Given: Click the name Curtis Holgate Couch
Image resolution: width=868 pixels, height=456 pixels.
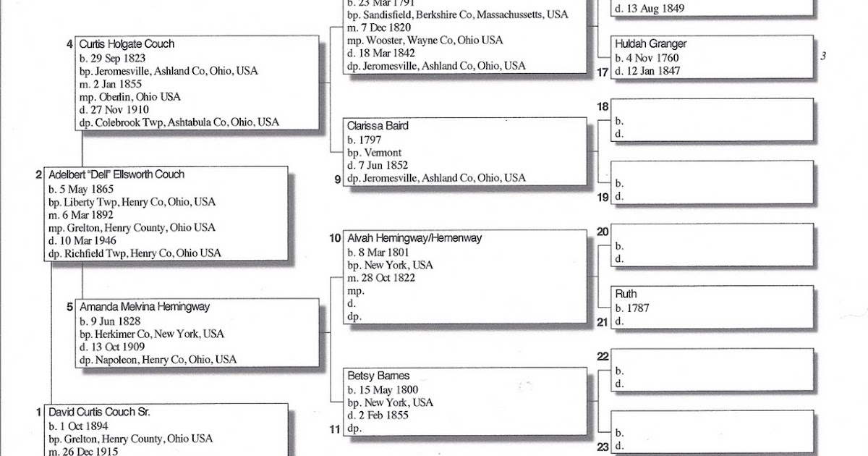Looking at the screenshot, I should (127, 44).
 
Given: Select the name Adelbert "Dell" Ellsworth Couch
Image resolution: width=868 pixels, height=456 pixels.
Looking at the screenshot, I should (116, 174).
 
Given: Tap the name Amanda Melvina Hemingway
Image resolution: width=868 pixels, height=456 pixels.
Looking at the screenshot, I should (145, 307).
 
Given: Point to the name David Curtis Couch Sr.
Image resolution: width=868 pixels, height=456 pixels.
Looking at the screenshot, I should (100, 412).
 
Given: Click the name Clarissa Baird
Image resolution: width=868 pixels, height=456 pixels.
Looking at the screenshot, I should (378, 126).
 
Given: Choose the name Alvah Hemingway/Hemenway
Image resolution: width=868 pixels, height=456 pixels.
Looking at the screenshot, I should (414, 238).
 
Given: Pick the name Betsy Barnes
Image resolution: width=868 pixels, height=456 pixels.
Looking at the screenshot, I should (378, 376).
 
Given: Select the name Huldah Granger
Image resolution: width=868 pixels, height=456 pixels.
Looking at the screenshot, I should (650, 44).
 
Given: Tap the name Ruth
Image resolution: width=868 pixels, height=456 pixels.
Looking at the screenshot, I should (626, 295).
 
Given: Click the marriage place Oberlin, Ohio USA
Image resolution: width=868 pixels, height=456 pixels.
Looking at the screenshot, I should (138, 97).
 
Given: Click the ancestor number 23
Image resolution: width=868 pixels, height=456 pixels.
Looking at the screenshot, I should (603, 447).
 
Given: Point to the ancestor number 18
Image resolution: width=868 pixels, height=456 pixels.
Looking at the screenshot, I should (603, 107).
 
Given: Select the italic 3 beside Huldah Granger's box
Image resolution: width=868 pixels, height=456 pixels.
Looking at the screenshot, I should (823, 56).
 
